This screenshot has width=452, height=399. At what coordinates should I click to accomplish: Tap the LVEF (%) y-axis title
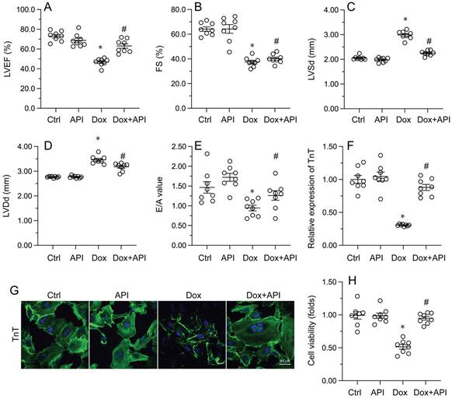(7, 58)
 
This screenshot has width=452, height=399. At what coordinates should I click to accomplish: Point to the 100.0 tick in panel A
(27, 10)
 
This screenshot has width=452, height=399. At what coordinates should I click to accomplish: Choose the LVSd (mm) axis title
(313, 58)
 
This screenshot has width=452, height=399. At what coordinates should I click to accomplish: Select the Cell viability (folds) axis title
(313, 331)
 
